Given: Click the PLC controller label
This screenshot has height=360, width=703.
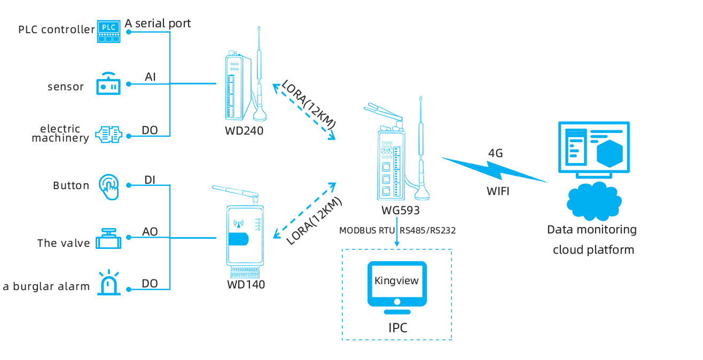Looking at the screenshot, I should pos(56,29).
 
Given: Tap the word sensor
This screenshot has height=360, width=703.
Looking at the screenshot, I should pos(66,87).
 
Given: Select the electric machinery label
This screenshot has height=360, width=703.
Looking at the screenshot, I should pos(60,134).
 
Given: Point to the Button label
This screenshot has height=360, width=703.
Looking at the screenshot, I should pos(71,186).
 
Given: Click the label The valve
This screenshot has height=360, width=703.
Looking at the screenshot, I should pos(64,243).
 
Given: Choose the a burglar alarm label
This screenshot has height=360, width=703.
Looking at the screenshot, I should pos(46,287).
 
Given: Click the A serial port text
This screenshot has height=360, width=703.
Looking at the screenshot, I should pos(158,24).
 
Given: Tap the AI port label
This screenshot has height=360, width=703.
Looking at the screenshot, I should pos(150,77).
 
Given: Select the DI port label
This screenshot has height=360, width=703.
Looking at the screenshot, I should pos(150,179).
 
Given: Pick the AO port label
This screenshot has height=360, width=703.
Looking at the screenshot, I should pos(150,232).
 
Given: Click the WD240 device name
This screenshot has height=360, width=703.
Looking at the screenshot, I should pos(244,131).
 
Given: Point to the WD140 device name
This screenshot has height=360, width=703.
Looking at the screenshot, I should pos(246,285).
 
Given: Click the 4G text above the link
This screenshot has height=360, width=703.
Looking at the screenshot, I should pos(496,153).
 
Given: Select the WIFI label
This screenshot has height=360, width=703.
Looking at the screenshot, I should pos(498,191).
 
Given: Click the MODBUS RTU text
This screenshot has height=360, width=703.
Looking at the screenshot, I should pos(367,230).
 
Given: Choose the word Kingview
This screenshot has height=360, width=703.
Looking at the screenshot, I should pos(396,281).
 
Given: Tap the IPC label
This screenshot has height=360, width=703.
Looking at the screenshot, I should pos(398,328).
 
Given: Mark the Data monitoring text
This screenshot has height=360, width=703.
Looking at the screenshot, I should pos(591,230).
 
